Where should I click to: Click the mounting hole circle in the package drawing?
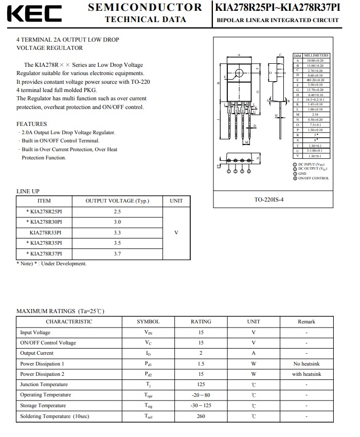(239, 72)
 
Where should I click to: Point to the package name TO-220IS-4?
(269, 199)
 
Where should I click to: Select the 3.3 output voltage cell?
(117, 232)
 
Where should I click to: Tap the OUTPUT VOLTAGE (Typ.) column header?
(117, 201)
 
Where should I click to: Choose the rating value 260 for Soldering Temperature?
(201, 416)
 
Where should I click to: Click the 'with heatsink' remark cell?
(306, 374)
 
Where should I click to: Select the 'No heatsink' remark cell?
(306, 363)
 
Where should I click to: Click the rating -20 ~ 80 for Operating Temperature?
(201, 395)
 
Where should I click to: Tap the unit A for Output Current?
(254, 353)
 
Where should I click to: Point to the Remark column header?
(306, 322)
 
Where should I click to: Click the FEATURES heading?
(31, 124)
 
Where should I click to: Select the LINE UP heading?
(28, 191)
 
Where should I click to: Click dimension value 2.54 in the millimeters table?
(315, 115)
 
